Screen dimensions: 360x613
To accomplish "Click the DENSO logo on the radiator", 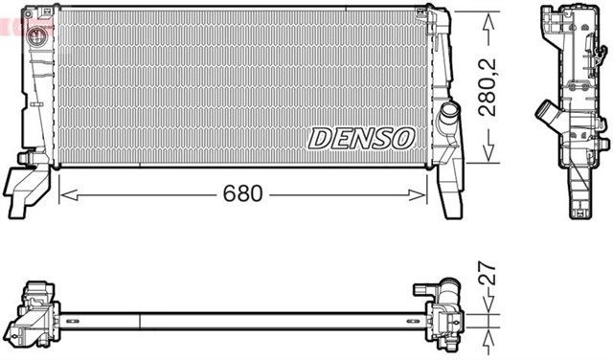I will coord(360,139).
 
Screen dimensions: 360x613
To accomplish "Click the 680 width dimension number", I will coord(242,194).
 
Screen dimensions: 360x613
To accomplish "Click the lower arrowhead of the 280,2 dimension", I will coord(488,156).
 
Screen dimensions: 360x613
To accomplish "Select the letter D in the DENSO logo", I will coord(320,139).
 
